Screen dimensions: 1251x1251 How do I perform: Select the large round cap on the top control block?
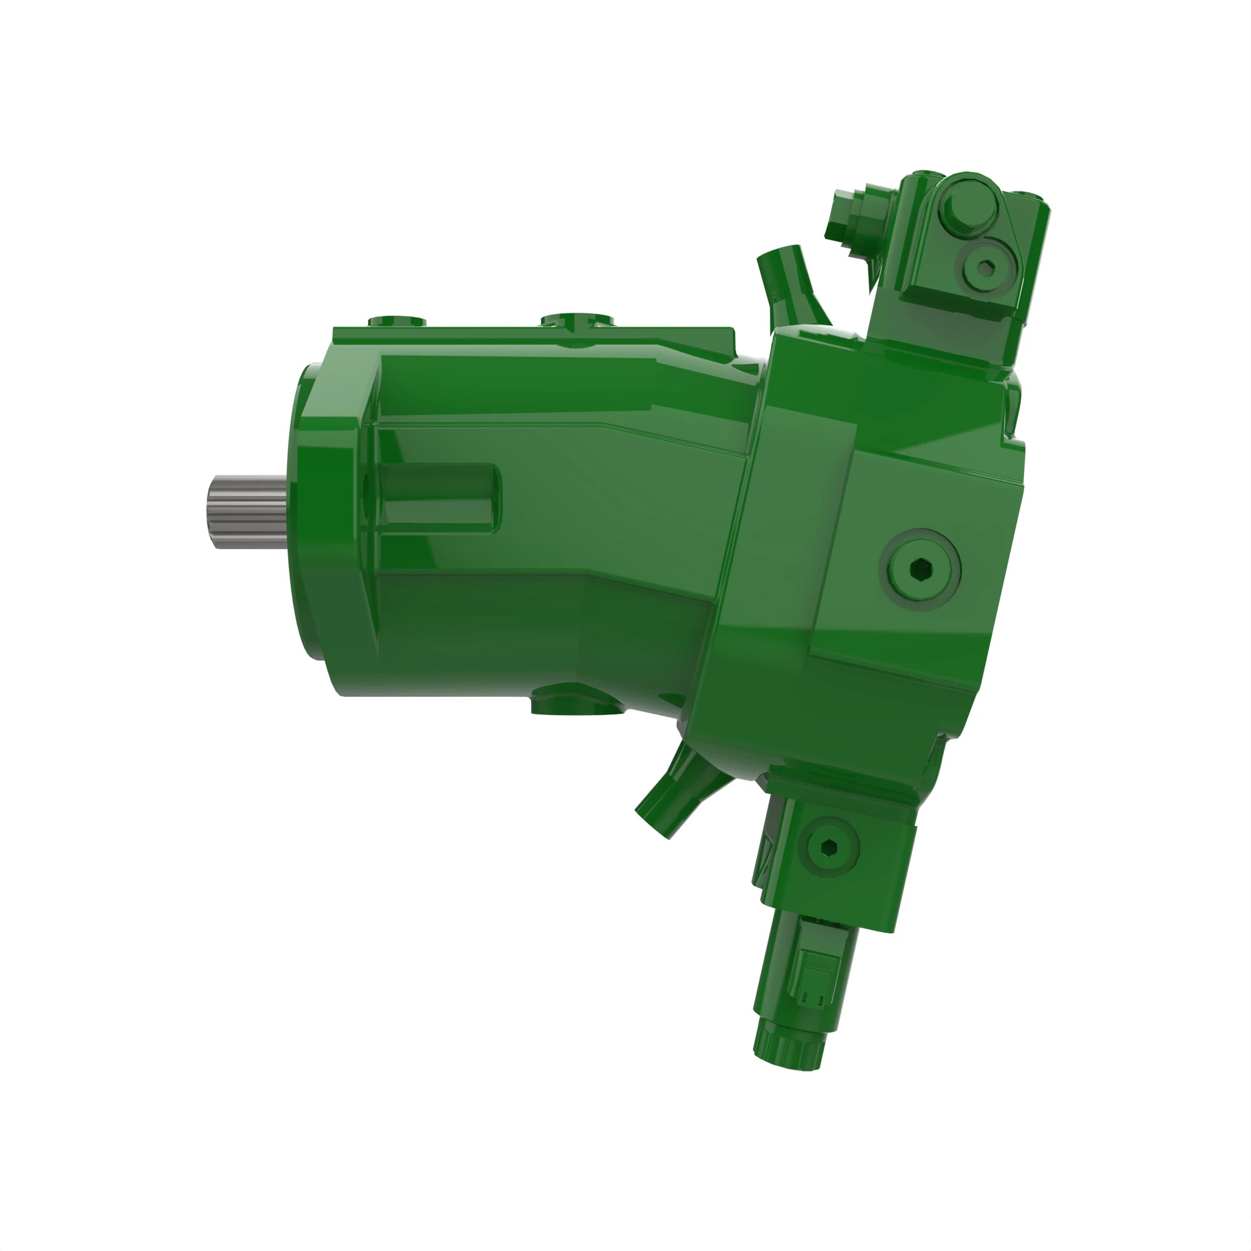(x=969, y=210)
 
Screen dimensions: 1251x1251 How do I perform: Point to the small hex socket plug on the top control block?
(x=985, y=268)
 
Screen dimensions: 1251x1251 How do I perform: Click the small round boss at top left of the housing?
(x=397, y=321)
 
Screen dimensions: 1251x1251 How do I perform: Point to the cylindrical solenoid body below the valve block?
(x=806, y=971)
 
